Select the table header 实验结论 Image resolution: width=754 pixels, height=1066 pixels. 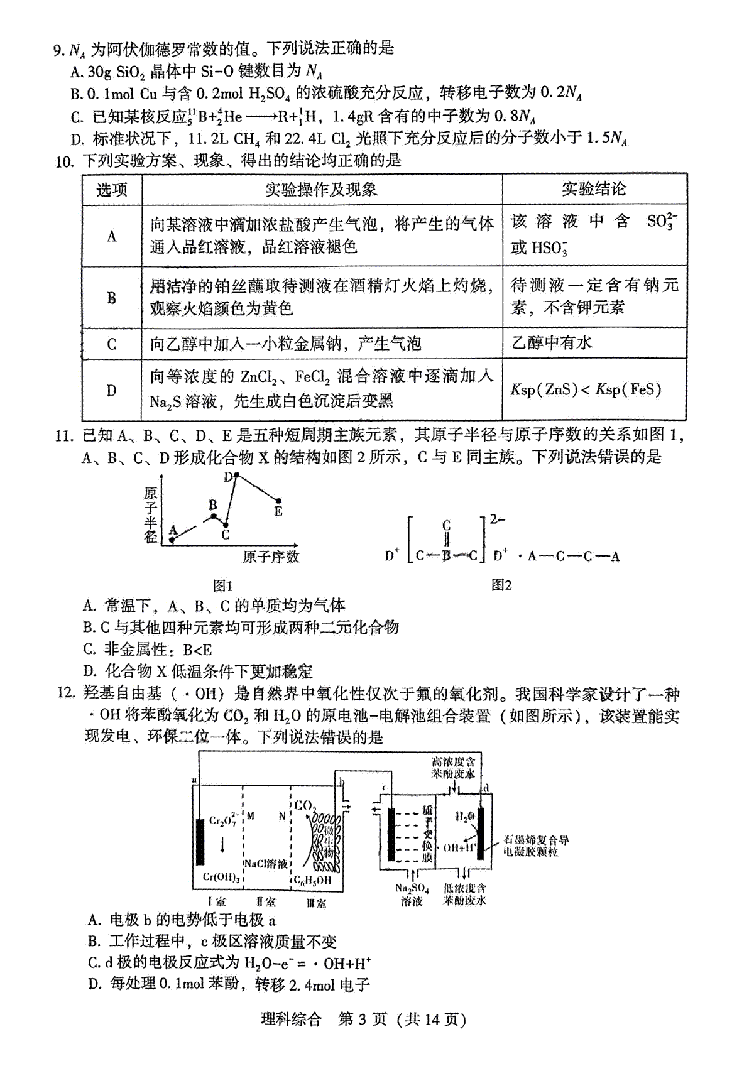[593, 188]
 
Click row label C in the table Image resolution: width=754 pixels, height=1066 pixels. [112, 344]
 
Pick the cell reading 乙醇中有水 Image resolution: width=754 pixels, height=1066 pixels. [552, 343]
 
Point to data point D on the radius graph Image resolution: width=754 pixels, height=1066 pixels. [236, 476]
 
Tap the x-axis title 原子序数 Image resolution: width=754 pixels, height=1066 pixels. [271, 557]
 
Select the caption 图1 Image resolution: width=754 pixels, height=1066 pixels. [222, 586]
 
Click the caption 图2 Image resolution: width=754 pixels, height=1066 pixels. [501, 585]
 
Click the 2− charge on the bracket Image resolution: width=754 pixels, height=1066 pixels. [497, 519]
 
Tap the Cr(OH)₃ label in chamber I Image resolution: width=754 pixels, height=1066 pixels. [222, 878]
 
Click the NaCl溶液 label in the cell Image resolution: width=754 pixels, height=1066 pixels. [266, 864]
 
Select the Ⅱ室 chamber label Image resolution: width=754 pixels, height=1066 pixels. [266, 903]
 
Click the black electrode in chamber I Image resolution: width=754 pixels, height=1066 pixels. [200, 842]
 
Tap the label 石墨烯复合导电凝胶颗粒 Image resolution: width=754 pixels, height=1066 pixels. [536, 846]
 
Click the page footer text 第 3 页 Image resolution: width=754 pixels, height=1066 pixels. [363, 1019]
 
